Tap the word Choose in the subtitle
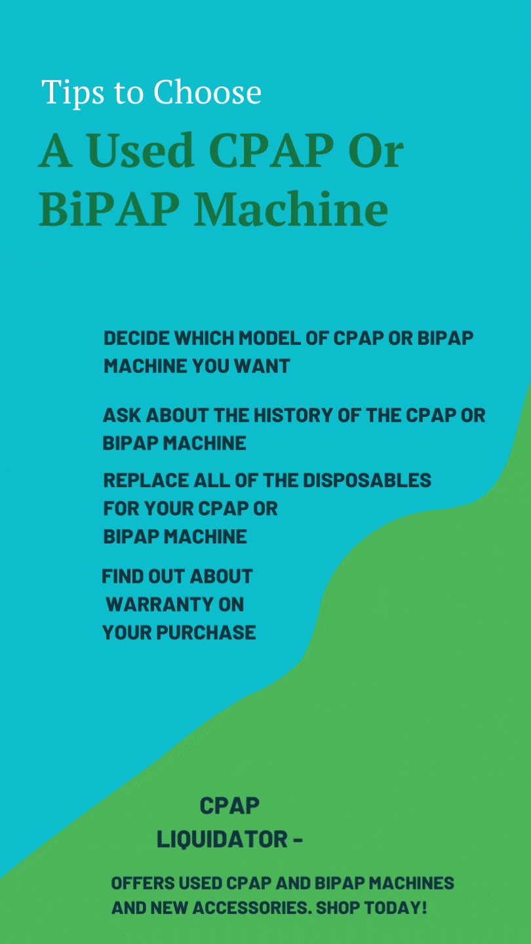(207, 92)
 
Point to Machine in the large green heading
(291, 210)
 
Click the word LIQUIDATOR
(222, 839)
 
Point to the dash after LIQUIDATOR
(297, 840)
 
